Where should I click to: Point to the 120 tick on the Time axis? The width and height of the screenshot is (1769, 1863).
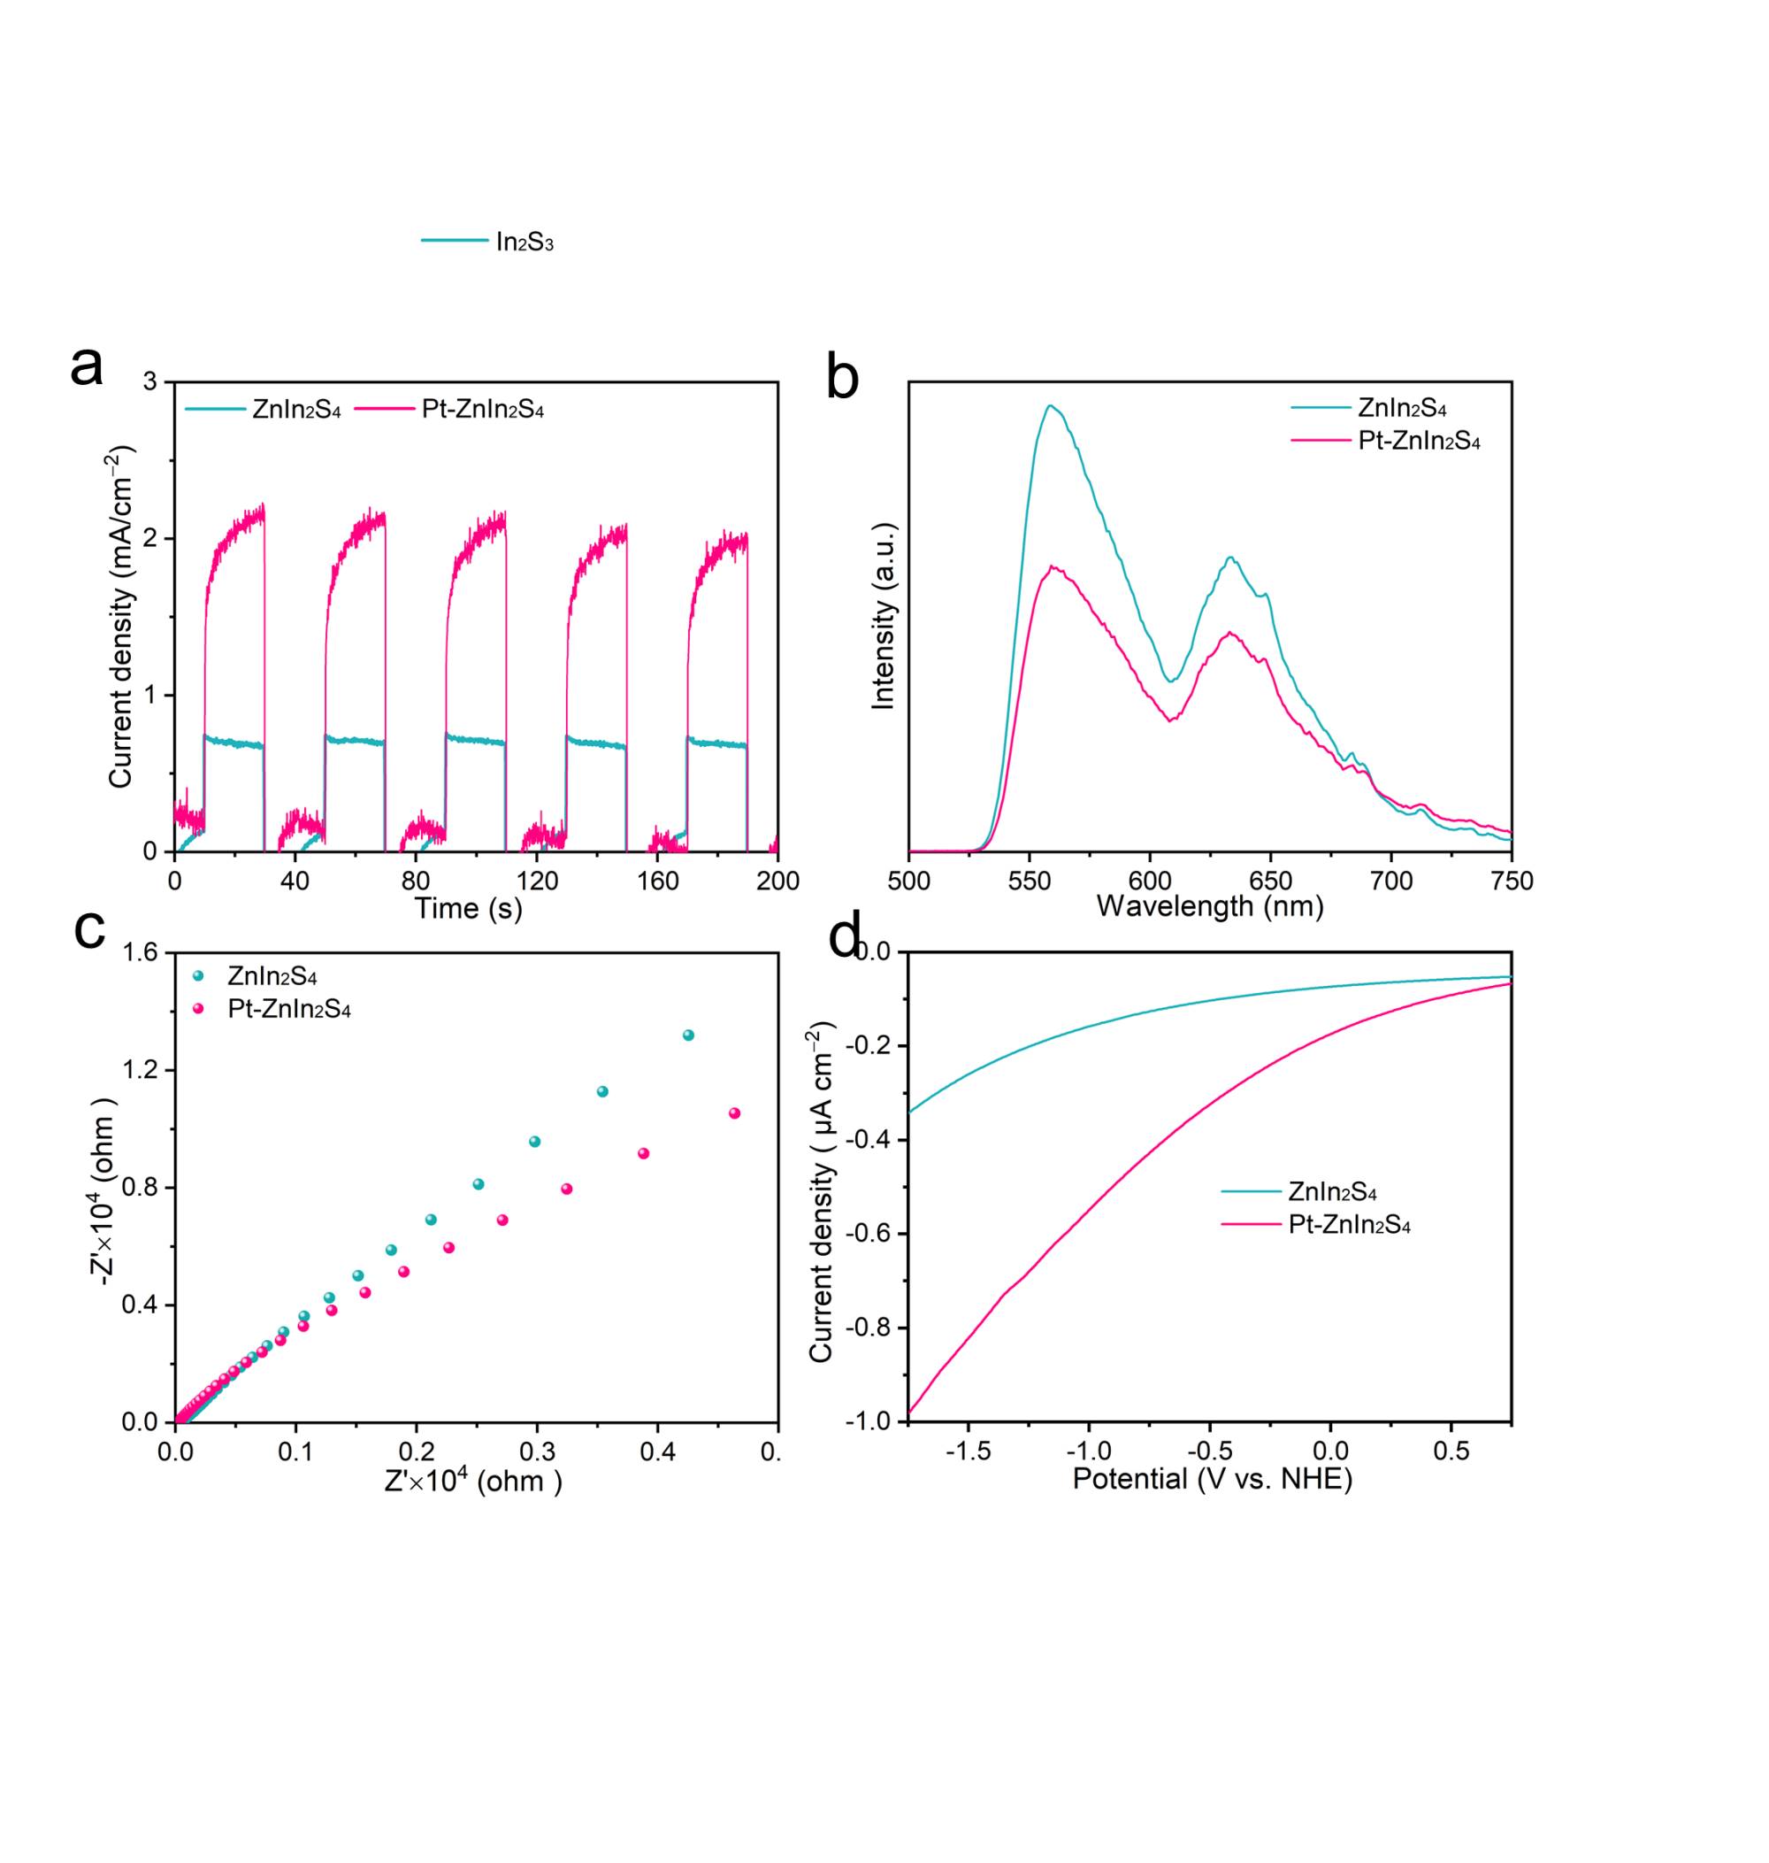coord(537,881)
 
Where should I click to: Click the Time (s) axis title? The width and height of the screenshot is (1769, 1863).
coord(469,908)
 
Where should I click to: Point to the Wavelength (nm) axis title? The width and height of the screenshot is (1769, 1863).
coord(1210,906)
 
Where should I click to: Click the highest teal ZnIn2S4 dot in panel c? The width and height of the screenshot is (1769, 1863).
coord(687,1035)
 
